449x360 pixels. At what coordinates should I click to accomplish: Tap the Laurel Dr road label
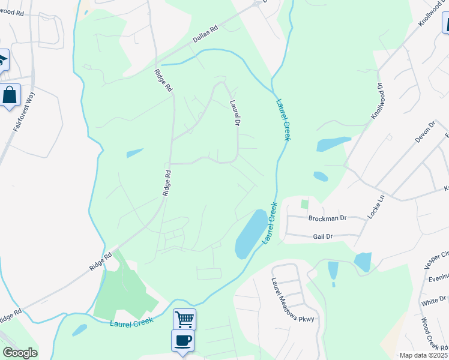[235, 112]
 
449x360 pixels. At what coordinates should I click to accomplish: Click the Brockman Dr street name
[328, 218]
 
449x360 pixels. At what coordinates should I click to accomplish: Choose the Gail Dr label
[322, 236]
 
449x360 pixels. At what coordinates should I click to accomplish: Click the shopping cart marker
[184, 319]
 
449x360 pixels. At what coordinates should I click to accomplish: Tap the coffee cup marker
[182, 340]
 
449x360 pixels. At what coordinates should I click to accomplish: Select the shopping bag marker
[10, 95]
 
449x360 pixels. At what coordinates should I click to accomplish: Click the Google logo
[20, 353]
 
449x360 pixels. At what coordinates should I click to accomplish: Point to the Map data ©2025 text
[423, 355]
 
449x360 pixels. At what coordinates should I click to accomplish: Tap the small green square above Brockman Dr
[304, 204]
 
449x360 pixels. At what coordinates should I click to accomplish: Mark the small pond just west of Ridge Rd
[135, 153]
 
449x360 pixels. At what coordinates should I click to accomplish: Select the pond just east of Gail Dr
[363, 262]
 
